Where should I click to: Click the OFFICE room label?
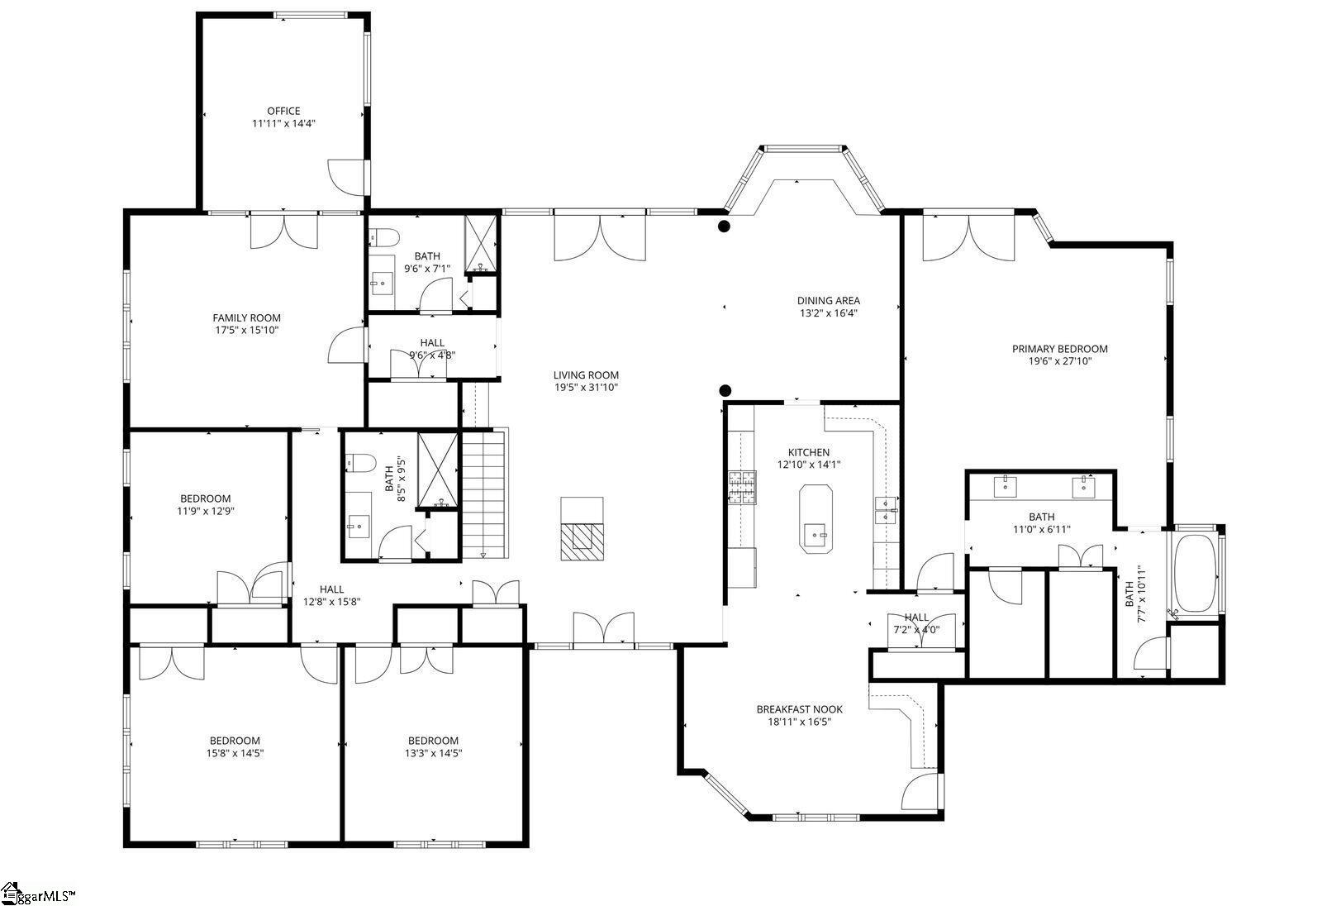[x=283, y=111]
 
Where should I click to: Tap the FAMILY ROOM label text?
[x=247, y=317]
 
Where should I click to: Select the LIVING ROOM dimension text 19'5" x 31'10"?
[x=586, y=388]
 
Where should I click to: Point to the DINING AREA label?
[x=829, y=301]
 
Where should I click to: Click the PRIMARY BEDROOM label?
[x=1060, y=349]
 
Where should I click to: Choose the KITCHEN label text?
[x=809, y=452]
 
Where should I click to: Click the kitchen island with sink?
[x=816, y=519]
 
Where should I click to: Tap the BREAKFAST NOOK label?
[x=800, y=709]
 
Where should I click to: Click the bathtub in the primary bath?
[x=1195, y=574]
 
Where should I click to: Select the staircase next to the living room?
[x=484, y=494]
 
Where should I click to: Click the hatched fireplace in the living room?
[x=582, y=541]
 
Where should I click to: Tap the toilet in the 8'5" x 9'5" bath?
[x=360, y=464]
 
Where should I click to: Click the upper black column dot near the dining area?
[x=724, y=226]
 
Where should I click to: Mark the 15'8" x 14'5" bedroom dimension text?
[x=235, y=753]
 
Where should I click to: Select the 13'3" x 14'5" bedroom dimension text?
[x=433, y=753]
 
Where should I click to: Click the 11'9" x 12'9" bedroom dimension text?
[x=206, y=511]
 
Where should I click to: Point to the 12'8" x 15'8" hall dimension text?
[x=331, y=602]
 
